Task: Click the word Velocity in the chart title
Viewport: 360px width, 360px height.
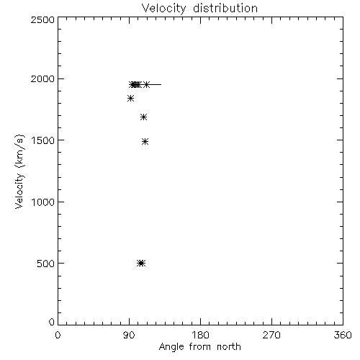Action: tap(164, 9)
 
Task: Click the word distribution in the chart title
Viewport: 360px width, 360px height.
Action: tap(225, 8)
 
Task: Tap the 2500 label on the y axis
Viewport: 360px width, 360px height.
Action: tap(42, 19)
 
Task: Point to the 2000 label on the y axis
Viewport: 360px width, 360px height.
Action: tap(42, 78)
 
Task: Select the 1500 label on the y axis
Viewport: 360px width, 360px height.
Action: tap(43, 140)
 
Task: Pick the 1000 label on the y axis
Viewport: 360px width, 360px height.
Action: tap(43, 202)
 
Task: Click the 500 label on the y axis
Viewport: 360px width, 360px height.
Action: tap(46, 264)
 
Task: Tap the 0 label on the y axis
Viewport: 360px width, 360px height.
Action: tap(52, 322)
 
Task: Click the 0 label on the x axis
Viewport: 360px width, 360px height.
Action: tap(58, 335)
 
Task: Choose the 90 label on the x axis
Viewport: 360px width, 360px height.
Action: tap(129, 335)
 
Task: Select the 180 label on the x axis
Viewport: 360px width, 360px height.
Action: tap(200, 335)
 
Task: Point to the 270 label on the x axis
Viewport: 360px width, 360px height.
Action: tap(271, 335)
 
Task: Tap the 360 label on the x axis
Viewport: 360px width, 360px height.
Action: tap(343, 335)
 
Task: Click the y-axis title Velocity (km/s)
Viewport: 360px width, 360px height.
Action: tap(19, 171)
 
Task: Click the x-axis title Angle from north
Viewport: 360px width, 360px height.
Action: tap(200, 347)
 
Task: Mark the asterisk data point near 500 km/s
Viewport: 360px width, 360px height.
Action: tap(141, 264)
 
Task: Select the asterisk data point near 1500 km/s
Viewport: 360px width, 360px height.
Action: tap(145, 141)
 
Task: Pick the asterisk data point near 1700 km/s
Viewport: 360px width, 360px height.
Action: tap(143, 117)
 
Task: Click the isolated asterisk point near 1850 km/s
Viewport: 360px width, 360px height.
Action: tap(130, 99)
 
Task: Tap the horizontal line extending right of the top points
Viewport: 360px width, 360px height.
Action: tap(156, 84)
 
